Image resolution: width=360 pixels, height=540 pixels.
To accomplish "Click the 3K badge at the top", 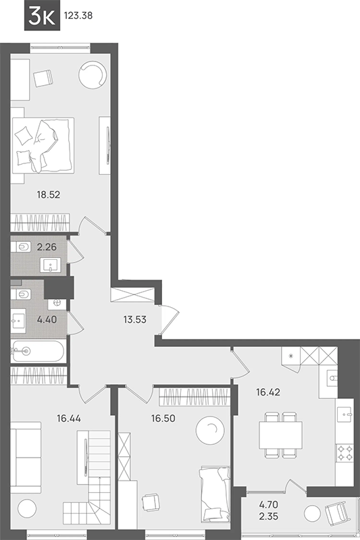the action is [42, 16].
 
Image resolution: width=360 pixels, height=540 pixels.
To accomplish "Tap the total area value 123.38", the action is [78, 16].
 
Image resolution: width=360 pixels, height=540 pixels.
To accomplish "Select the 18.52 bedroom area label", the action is [49, 195].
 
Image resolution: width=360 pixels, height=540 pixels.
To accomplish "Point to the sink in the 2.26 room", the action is [51, 265].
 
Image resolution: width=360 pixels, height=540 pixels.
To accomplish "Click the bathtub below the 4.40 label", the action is [38, 351].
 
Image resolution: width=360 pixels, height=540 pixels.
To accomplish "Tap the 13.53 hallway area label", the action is [134, 319].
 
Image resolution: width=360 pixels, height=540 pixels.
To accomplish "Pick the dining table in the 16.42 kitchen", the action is [280, 435].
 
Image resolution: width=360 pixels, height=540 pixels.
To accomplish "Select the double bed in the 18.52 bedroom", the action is [43, 145].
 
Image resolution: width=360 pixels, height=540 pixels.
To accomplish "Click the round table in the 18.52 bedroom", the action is [93, 75].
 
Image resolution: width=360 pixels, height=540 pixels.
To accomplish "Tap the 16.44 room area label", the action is [69, 418].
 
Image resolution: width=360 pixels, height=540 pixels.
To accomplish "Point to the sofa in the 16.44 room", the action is [26, 458].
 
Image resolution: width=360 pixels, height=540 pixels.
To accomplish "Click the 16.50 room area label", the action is [163, 418].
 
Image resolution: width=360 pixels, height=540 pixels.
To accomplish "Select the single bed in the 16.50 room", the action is [215, 495].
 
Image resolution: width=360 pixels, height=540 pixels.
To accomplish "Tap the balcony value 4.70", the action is [269, 505].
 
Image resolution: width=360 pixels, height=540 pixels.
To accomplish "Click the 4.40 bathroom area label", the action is [47, 319].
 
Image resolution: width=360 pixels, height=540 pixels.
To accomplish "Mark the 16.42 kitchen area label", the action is [268, 392].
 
